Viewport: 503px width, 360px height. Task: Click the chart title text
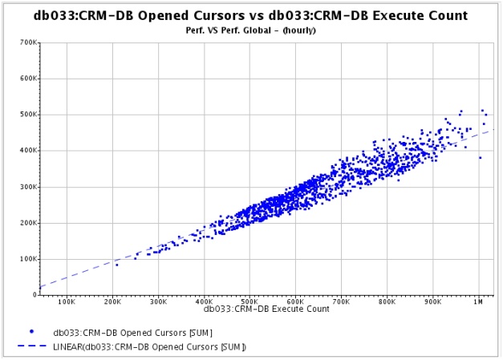click(x=250, y=15)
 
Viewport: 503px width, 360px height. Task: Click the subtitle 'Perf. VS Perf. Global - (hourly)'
click(x=250, y=30)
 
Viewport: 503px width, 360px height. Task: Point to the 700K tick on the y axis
click(x=28, y=42)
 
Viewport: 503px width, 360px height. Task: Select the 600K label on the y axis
click(x=28, y=79)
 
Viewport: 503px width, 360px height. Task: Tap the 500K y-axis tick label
click(x=28, y=115)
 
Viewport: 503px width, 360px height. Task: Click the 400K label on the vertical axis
click(x=28, y=151)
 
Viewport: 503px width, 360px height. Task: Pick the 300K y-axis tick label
click(x=28, y=187)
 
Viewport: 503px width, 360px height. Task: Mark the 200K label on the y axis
click(x=28, y=223)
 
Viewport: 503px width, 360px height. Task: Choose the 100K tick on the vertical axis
click(x=28, y=259)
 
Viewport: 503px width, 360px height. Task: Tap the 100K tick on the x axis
click(x=67, y=303)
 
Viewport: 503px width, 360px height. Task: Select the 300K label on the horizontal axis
click(x=159, y=303)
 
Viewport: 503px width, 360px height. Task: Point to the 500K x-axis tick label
click(x=250, y=303)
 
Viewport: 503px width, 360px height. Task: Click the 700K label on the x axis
click(x=342, y=303)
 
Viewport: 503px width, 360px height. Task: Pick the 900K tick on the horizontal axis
click(x=433, y=303)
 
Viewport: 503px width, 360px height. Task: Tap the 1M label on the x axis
click(x=479, y=303)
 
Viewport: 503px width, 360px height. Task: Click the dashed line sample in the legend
click(x=30, y=346)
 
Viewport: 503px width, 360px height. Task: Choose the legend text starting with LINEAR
click(x=149, y=346)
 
